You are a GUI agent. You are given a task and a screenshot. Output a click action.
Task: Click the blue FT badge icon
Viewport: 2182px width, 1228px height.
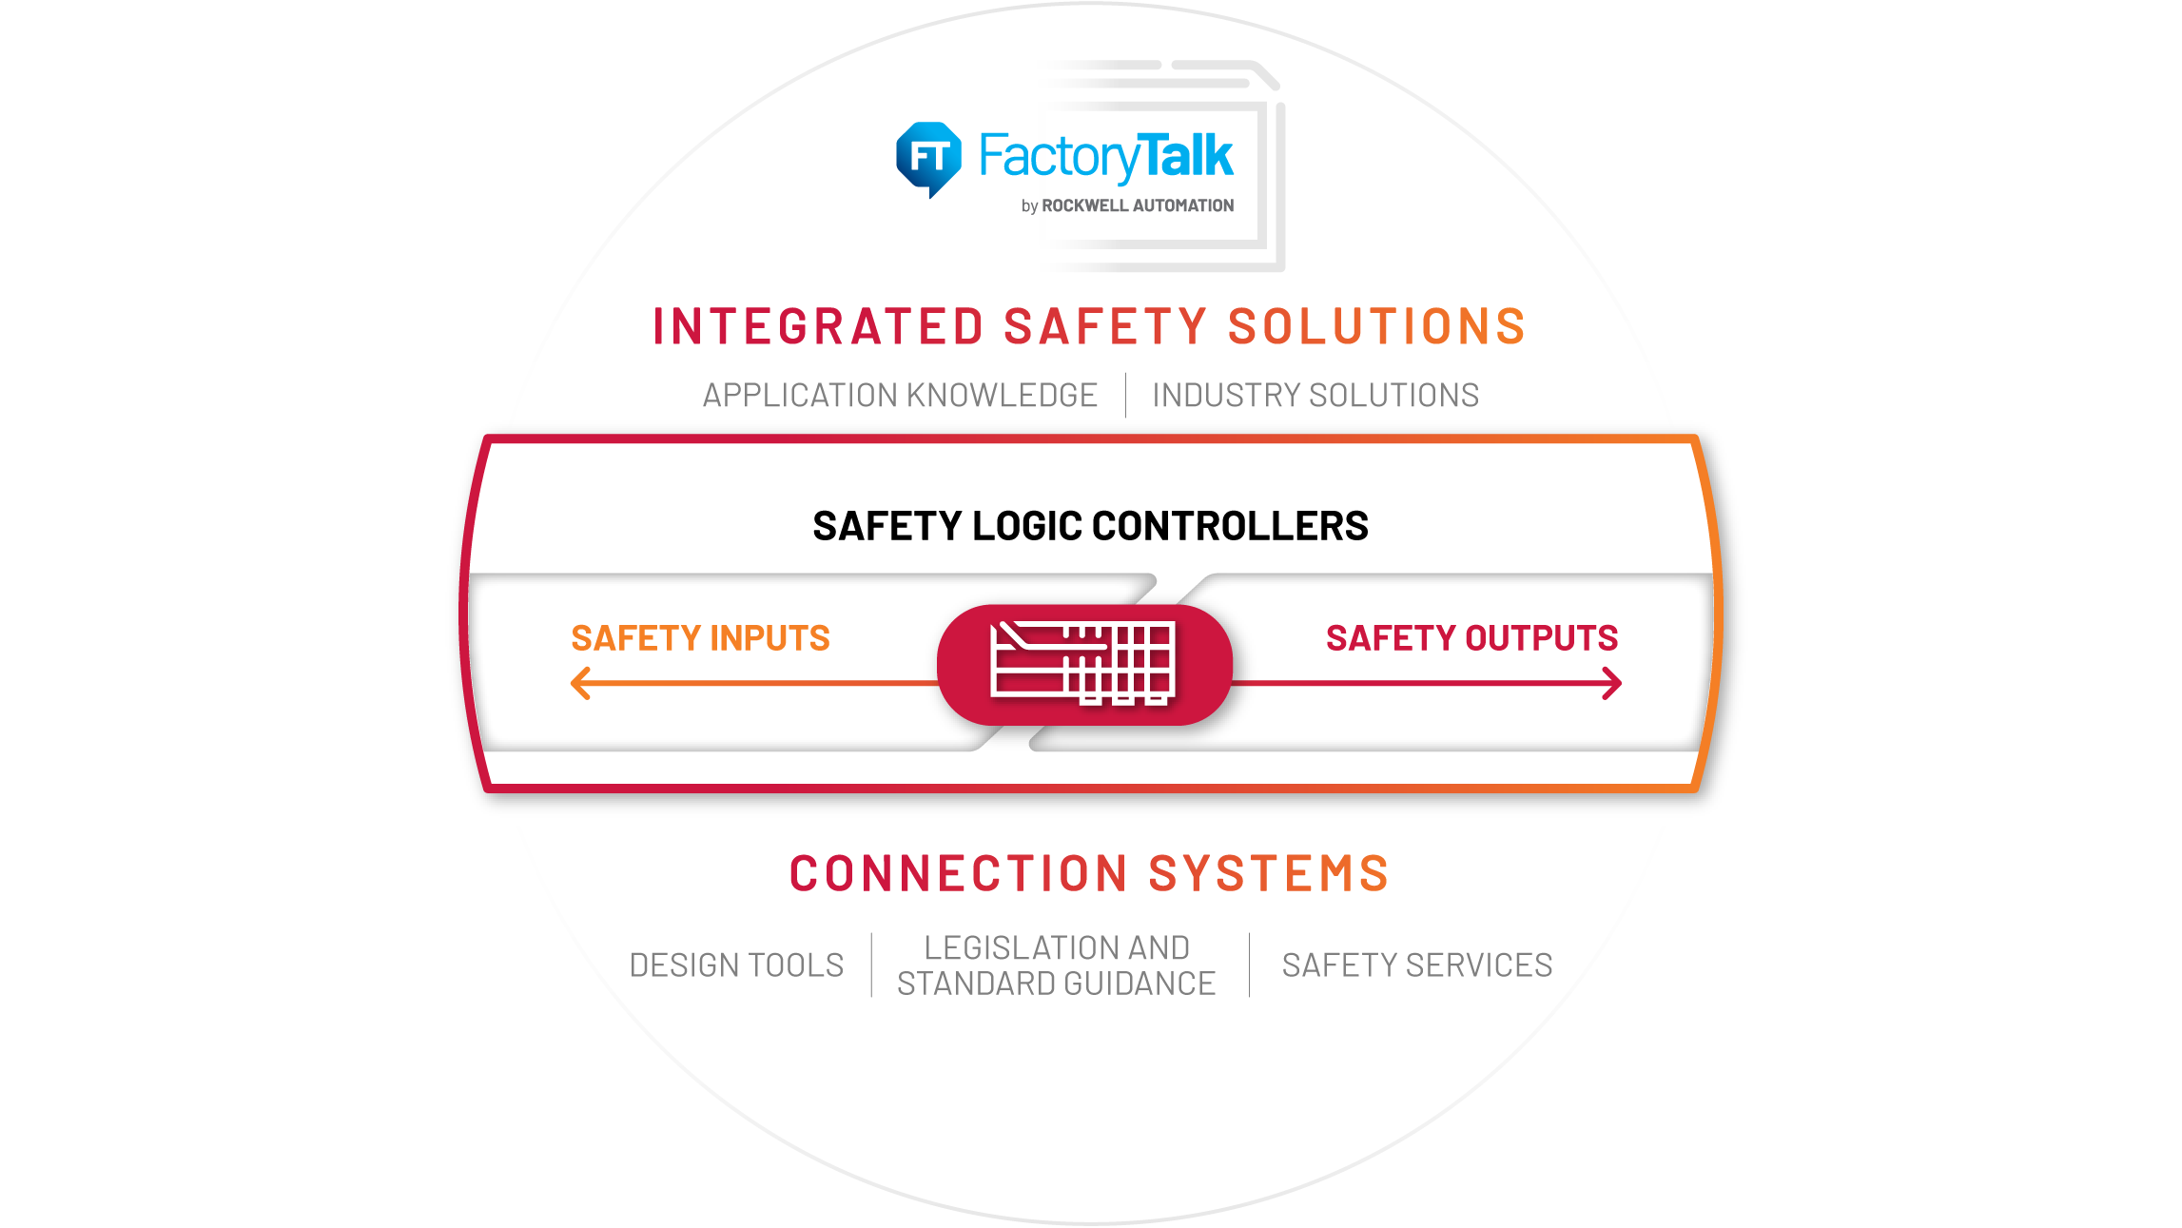click(x=928, y=159)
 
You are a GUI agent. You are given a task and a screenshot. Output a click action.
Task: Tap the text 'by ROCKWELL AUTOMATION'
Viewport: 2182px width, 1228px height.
click(x=1127, y=205)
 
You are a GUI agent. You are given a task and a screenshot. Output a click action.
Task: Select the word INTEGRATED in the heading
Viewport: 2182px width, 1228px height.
click(x=818, y=326)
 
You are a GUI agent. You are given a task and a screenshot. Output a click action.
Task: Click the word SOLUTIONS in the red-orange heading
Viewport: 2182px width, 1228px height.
click(x=1376, y=326)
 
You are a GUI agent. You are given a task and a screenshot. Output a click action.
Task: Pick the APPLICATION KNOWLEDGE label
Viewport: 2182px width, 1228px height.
click(x=900, y=395)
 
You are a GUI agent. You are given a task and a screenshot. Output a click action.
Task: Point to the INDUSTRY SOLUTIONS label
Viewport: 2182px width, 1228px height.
click(x=1315, y=395)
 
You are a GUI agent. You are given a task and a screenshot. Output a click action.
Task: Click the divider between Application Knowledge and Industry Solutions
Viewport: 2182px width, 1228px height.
click(x=1125, y=395)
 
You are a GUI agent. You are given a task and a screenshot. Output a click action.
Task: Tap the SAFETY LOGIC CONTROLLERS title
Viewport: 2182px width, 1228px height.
click(x=1090, y=526)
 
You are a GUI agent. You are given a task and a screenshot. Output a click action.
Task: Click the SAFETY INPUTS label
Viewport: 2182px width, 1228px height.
click(x=700, y=638)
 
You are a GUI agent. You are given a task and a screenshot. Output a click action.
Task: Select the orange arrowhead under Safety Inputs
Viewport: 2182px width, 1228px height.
click(x=581, y=683)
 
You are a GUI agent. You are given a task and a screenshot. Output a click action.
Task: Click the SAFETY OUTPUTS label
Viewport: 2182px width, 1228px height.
click(x=1471, y=638)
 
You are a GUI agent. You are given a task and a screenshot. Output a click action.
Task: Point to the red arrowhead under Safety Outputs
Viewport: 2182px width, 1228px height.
click(x=1611, y=683)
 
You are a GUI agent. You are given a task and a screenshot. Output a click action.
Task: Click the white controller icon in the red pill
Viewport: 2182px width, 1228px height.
click(x=1083, y=663)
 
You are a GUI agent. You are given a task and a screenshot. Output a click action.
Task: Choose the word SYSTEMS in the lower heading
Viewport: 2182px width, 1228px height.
click(x=1269, y=873)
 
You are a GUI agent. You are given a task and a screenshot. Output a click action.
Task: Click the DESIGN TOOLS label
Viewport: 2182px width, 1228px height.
click(x=736, y=965)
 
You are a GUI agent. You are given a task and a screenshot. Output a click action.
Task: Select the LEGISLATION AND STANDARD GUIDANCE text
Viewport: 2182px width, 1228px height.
click(x=1057, y=965)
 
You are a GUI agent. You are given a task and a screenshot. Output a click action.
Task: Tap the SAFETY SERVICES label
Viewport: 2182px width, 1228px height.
click(x=1417, y=965)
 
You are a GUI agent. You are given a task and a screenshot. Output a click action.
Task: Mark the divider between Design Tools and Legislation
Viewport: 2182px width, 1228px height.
click(x=871, y=965)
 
